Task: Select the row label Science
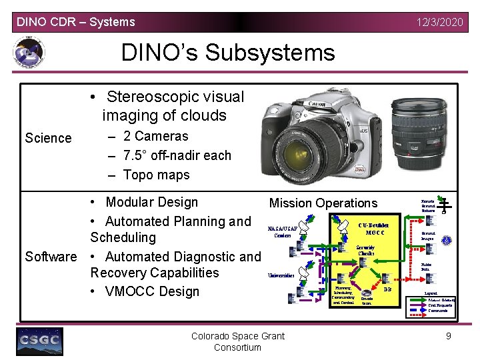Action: [48, 138]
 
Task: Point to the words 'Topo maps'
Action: [156, 175]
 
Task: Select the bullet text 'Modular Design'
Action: [151, 202]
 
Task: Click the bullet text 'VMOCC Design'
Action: [152, 291]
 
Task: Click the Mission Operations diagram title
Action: [323, 203]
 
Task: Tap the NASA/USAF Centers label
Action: [282, 231]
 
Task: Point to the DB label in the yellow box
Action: [388, 289]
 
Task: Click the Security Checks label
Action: [366, 251]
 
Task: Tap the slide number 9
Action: [449, 336]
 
